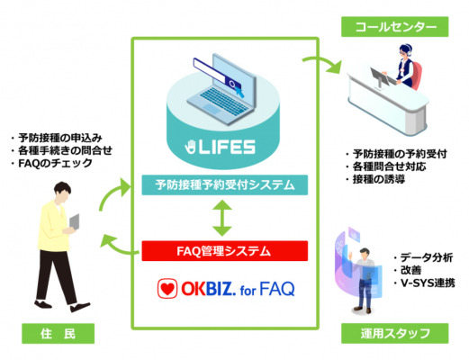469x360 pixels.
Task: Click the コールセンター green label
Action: tap(394, 27)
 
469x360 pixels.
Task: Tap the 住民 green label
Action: tap(58, 333)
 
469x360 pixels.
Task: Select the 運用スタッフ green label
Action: tap(394, 333)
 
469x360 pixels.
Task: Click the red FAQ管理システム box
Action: tap(225, 251)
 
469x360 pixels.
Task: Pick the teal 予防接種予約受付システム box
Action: tap(225, 184)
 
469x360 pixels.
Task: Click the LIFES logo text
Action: tap(221, 147)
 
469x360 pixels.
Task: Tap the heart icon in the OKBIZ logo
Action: tap(167, 289)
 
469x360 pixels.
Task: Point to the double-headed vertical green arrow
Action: tap(222, 218)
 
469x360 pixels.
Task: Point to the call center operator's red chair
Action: tap(416, 75)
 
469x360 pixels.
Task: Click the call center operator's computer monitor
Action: tap(378, 77)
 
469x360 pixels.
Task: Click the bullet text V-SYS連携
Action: tap(428, 283)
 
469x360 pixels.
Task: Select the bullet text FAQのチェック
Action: tap(55, 163)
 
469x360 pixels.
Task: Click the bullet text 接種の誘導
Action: tap(379, 179)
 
